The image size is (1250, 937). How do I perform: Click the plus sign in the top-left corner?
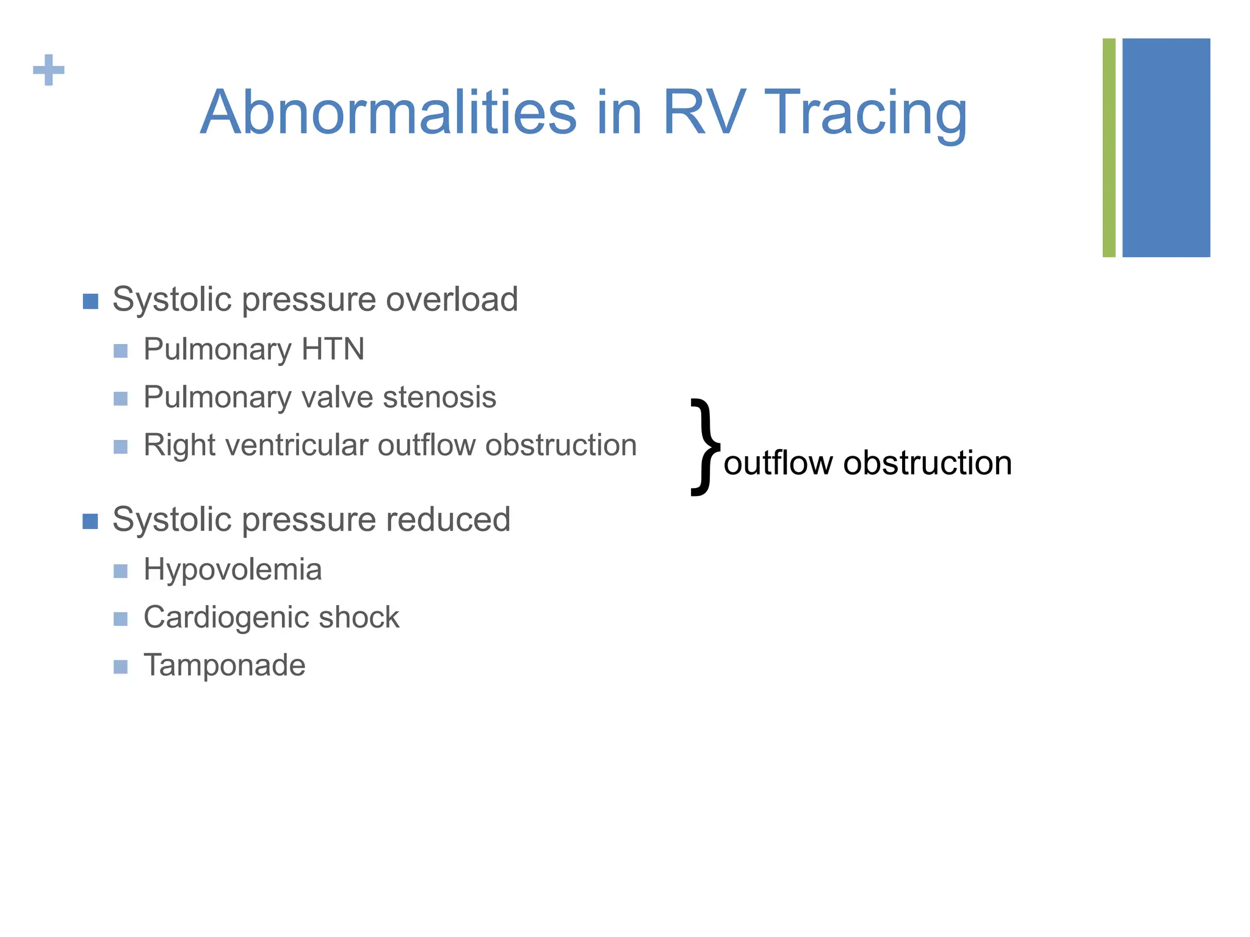click(x=49, y=70)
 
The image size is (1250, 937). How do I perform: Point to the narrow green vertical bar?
click(x=1109, y=148)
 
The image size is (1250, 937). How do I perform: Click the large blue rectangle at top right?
click(x=1166, y=148)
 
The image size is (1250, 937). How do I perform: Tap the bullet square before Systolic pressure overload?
click(x=90, y=301)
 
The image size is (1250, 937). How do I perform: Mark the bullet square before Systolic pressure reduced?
click(x=90, y=522)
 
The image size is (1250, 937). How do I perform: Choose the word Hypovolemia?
click(x=233, y=570)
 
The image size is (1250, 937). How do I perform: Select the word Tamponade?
click(x=224, y=666)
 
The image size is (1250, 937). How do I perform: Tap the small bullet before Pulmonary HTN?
click(x=121, y=351)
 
